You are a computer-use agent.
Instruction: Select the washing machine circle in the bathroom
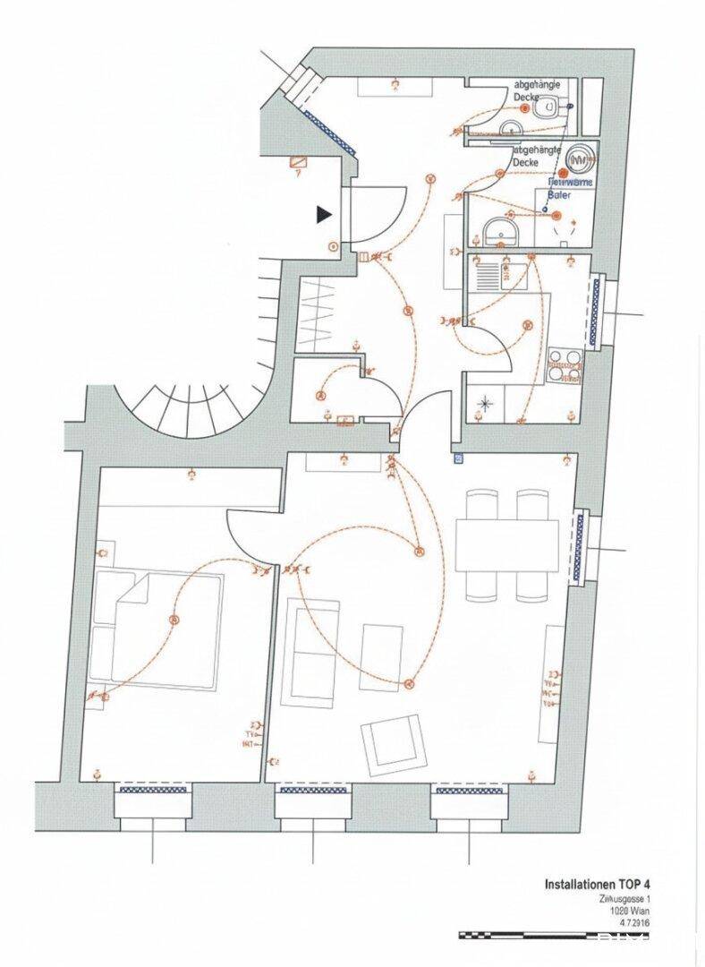click(x=582, y=158)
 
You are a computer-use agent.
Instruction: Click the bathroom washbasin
click(x=503, y=233)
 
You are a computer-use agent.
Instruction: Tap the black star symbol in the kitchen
click(x=486, y=404)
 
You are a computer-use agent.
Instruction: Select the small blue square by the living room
click(x=459, y=458)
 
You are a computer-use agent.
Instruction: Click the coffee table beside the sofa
click(x=377, y=657)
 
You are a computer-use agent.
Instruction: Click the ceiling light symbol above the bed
click(x=174, y=620)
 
